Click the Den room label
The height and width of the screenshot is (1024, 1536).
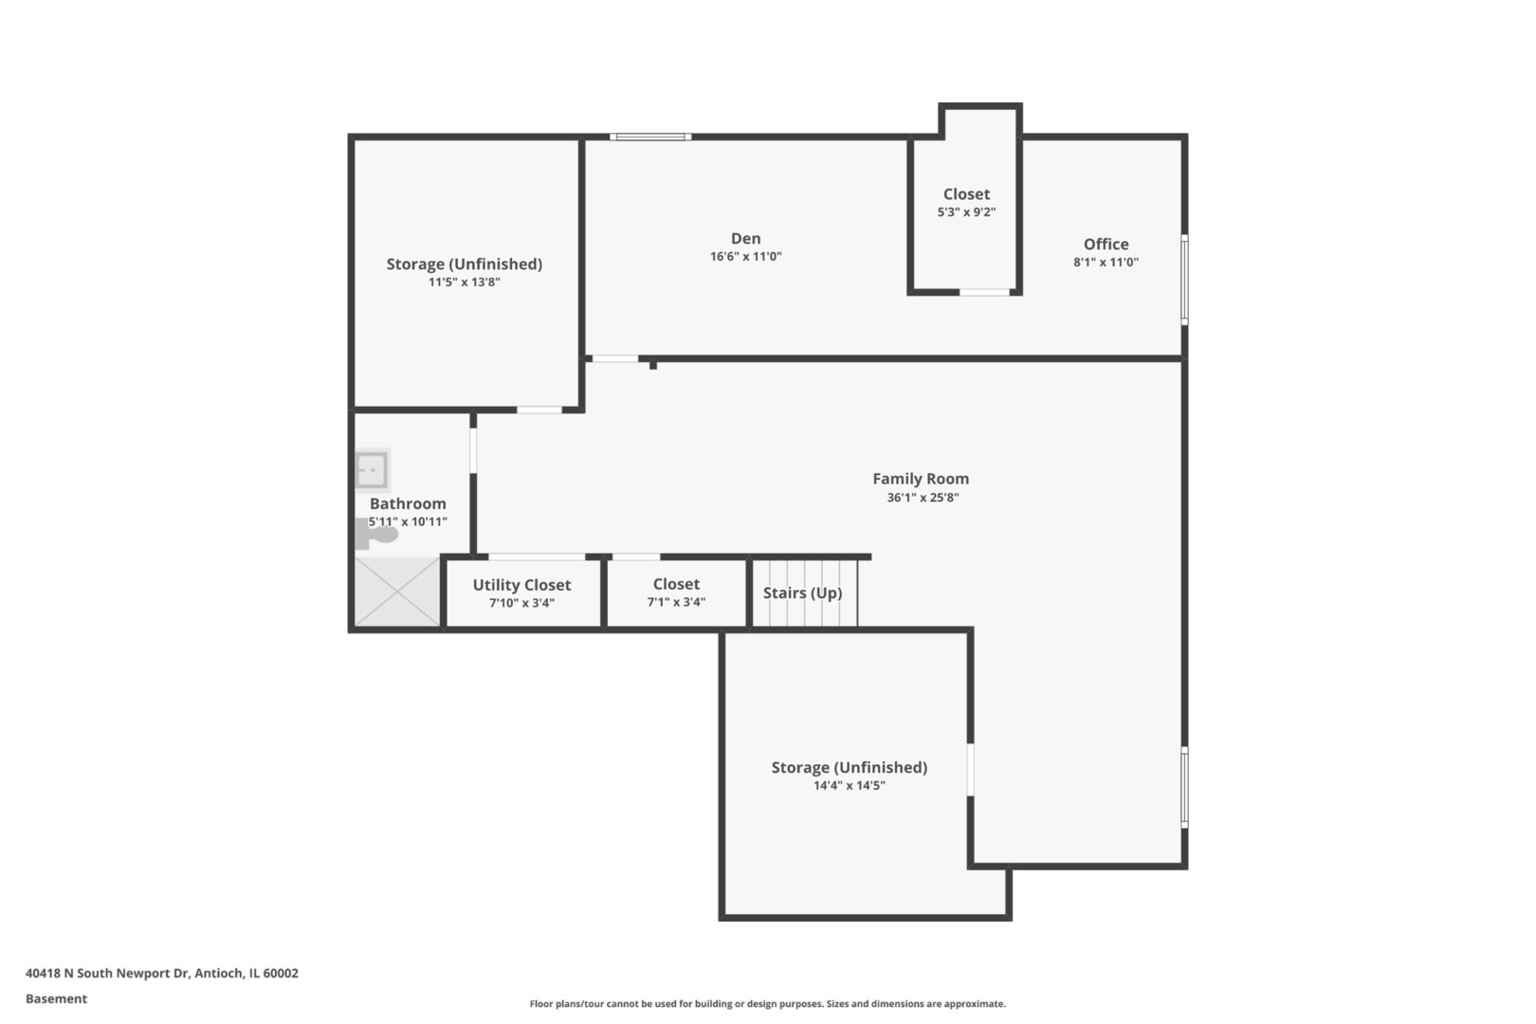click(x=745, y=239)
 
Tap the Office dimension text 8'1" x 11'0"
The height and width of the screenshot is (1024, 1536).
click(x=1106, y=262)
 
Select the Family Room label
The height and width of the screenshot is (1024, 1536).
click(x=921, y=479)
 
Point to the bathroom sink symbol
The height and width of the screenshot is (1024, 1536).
click(x=373, y=470)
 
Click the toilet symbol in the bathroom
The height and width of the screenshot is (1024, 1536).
click(x=375, y=534)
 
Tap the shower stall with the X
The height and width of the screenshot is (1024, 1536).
click(x=397, y=592)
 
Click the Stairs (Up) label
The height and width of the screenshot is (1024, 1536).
click(x=802, y=593)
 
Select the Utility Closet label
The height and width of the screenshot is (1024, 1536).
click(x=521, y=585)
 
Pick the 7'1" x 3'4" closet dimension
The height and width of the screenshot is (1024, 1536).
click(x=676, y=602)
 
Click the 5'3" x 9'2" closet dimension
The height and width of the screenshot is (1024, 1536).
click(x=966, y=212)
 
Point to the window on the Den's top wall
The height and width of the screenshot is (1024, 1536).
click(x=650, y=137)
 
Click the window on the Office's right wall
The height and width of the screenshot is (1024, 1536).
click(x=1184, y=280)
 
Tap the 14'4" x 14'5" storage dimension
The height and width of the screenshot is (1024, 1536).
click(x=849, y=785)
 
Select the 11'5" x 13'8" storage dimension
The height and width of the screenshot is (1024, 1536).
click(x=465, y=282)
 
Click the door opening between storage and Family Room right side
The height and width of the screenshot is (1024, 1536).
click(x=970, y=770)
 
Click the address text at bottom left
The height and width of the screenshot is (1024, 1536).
click(x=162, y=973)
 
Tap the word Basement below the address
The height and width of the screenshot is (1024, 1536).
click(x=56, y=998)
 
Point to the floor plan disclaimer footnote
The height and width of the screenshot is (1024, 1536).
click(x=767, y=1003)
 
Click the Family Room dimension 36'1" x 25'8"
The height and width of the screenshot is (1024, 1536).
click(x=923, y=497)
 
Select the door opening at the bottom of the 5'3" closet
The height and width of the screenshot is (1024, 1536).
click(x=984, y=292)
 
